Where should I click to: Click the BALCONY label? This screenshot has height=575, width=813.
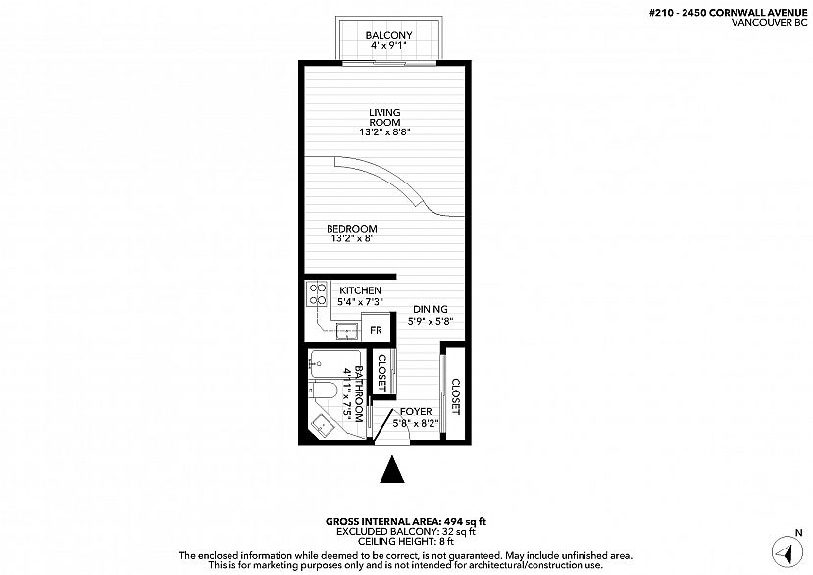[x=388, y=35]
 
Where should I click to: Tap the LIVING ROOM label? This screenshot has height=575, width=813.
[x=384, y=118]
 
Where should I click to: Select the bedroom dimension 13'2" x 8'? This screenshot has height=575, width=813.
[x=352, y=238]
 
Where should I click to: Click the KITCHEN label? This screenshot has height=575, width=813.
[x=360, y=290]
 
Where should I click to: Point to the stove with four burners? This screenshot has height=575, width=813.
[x=317, y=293]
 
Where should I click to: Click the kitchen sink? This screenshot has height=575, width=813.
[x=347, y=330]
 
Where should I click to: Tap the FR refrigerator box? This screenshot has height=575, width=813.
[x=377, y=329]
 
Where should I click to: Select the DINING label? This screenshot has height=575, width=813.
[x=431, y=310]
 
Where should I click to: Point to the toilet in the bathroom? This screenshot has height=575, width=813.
[x=324, y=391]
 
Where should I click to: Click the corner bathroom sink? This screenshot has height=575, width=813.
[x=323, y=427]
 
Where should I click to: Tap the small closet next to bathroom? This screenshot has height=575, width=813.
[x=383, y=372]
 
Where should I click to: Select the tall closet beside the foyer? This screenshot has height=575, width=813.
[x=455, y=392]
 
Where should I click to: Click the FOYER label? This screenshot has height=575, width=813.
[x=416, y=411]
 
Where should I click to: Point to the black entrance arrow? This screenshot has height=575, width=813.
[x=392, y=469]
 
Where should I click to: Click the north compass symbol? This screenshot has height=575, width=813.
[x=788, y=551]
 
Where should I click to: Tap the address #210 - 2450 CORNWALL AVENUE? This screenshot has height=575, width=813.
[x=728, y=13]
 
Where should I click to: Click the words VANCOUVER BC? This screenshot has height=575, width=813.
[x=769, y=23]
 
